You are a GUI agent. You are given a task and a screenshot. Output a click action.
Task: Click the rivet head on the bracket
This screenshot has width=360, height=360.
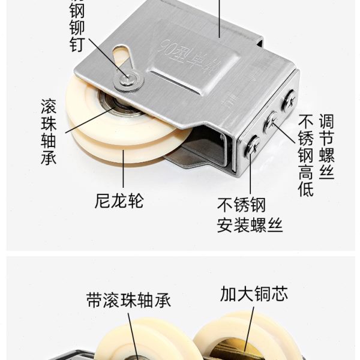tap(125, 75)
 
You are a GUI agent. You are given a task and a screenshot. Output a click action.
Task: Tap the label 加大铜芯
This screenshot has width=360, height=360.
tap(254, 294)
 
